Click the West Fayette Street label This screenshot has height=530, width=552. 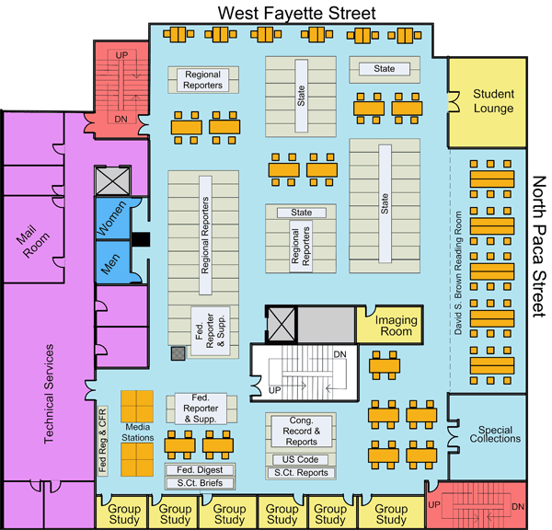click(295, 12)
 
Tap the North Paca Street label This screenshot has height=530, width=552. click(540, 248)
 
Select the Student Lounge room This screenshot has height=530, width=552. click(492, 101)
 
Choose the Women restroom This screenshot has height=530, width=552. click(113, 221)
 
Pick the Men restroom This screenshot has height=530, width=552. click(110, 264)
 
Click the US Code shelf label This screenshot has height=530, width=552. click(296, 459)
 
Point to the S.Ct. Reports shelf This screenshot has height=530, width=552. click(296, 473)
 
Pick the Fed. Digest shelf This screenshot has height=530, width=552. click(200, 469)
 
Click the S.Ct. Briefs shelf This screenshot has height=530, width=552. click(200, 482)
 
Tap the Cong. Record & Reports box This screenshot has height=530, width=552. click(296, 431)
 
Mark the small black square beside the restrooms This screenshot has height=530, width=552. click(140, 241)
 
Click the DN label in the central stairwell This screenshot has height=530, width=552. click(339, 355)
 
